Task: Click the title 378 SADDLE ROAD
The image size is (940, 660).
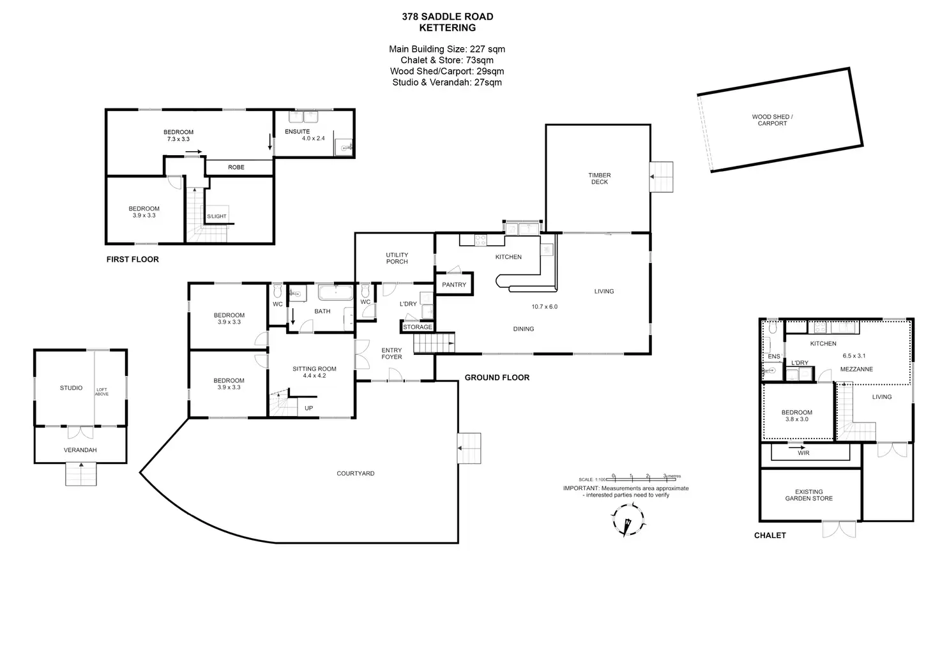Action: [447, 17]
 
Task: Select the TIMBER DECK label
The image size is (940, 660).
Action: [599, 179]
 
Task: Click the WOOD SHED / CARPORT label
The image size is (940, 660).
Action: [772, 120]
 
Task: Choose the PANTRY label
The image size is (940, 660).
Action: [454, 285]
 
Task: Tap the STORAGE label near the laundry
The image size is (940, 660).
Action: [418, 327]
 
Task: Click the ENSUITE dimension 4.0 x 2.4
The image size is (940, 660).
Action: [313, 139]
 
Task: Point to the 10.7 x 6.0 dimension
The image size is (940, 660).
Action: [544, 307]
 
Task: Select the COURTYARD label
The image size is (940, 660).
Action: [355, 474]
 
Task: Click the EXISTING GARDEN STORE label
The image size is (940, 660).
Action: [808, 495]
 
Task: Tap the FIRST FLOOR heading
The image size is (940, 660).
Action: [132, 259]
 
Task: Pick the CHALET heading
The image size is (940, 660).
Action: [769, 536]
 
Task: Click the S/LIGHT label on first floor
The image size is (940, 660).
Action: [216, 216]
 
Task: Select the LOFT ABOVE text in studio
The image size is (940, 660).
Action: [102, 392]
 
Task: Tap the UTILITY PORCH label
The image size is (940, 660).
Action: [397, 259]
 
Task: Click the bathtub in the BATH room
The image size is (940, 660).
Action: [335, 294]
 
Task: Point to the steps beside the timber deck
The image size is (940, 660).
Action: [662, 176]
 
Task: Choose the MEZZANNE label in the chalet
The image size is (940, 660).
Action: [856, 370]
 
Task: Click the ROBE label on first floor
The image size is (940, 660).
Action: [236, 167]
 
